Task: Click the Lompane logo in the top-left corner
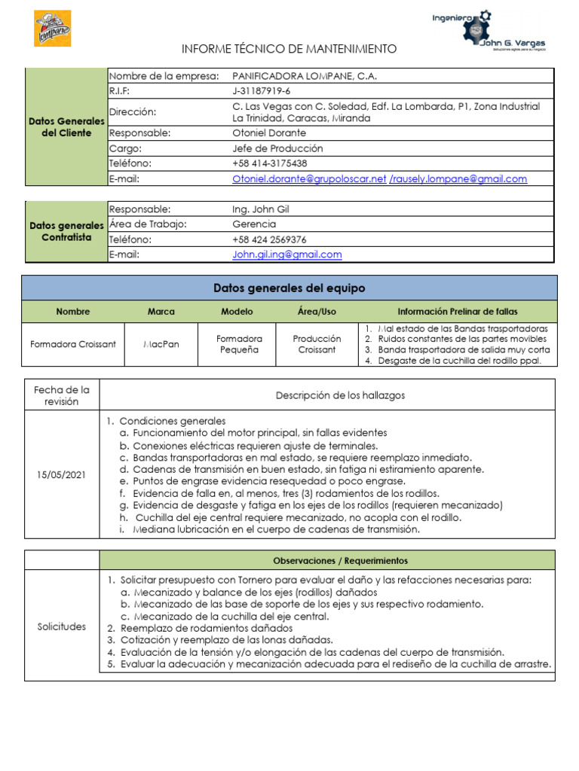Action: (x=53, y=29)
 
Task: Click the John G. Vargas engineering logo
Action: (x=489, y=31)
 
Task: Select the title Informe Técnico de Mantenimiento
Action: (x=289, y=49)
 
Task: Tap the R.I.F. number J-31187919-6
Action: (x=262, y=91)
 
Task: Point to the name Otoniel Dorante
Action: (x=270, y=133)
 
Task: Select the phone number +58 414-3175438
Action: (x=270, y=163)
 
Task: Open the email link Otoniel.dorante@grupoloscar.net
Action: (x=309, y=179)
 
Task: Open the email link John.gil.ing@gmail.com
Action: (x=287, y=254)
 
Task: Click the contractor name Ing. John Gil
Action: (x=261, y=209)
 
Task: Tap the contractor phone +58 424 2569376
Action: (x=270, y=239)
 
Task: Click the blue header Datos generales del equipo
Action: (x=289, y=288)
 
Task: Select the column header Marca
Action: (x=161, y=312)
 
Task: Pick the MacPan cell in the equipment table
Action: (x=161, y=344)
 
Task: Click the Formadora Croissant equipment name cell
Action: (x=73, y=344)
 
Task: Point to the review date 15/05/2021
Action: (x=62, y=475)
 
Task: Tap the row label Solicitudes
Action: (x=62, y=626)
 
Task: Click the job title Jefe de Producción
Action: (x=277, y=148)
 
